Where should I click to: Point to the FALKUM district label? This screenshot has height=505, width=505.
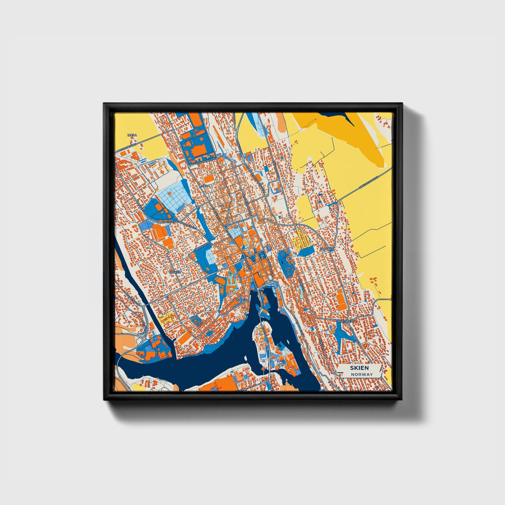[175, 272]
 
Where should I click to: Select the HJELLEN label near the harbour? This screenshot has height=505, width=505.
[242, 300]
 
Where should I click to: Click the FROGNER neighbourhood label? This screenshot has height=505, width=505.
[327, 249]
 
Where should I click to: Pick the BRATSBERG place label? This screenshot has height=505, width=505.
[346, 320]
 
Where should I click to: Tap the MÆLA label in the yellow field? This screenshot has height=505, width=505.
[132, 135]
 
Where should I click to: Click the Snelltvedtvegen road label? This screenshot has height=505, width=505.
[370, 182]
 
